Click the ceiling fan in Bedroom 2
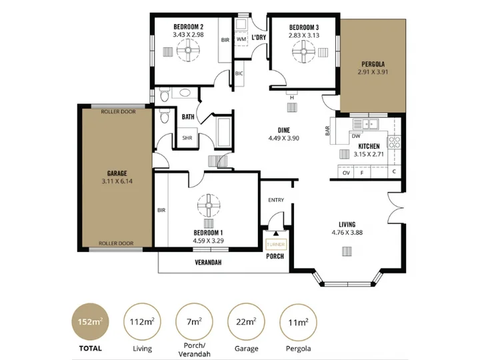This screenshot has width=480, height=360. pyautogui.click(x=188, y=50)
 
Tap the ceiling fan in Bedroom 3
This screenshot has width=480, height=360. pyautogui.click(x=303, y=52)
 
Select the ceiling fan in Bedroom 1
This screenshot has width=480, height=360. pyautogui.click(x=209, y=206)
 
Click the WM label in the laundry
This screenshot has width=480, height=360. pyautogui.click(x=241, y=39)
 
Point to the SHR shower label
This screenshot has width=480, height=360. pyautogui.click(x=187, y=138)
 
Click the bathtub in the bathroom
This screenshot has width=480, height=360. pyautogui.click(x=224, y=132)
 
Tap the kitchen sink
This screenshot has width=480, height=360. pyautogui.click(x=365, y=124)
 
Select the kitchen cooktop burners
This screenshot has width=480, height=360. pyautogui.click(x=394, y=142)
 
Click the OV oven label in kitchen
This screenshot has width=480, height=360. pyautogui.click(x=346, y=173)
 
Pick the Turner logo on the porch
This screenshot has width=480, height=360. pyautogui.click(x=276, y=244)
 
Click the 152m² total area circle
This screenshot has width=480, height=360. pyautogui.click(x=90, y=322)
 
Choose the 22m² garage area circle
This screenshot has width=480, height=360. pyautogui.click(x=246, y=322)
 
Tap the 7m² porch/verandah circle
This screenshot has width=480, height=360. pyautogui.click(x=194, y=322)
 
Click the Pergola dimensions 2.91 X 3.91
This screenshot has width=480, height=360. pyautogui.click(x=373, y=72)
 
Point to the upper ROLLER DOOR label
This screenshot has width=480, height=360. pyautogui.click(x=118, y=112)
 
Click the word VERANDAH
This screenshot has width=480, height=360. pyautogui.click(x=208, y=263)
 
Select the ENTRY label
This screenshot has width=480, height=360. pyautogui.click(x=276, y=200)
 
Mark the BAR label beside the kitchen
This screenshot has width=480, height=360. pyautogui.click(x=327, y=131)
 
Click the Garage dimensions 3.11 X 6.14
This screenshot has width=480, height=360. pyautogui.click(x=117, y=181)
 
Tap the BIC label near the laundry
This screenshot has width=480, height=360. pyautogui.click(x=239, y=73)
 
